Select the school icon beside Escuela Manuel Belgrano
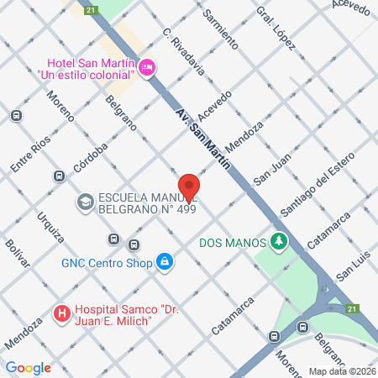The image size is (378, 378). [x=85, y=202]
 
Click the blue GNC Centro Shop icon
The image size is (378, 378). [x=165, y=263]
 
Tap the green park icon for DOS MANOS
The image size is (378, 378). [x=280, y=243]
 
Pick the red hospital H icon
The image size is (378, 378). [x=61, y=315]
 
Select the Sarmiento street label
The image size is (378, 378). [x=221, y=30]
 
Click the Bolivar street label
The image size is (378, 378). [x=18, y=251]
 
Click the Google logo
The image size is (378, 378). [x=29, y=367]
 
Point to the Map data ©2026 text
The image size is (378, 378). [x=341, y=371]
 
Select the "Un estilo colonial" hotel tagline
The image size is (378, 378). [x=87, y=74]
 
